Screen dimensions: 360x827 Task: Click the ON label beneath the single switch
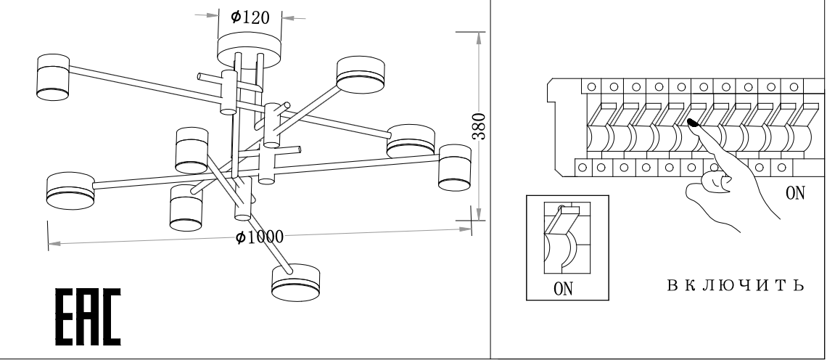(x=564, y=289)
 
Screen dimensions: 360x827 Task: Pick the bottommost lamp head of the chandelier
(x=295, y=282)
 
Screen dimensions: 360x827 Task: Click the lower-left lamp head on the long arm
(x=70, y=190)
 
